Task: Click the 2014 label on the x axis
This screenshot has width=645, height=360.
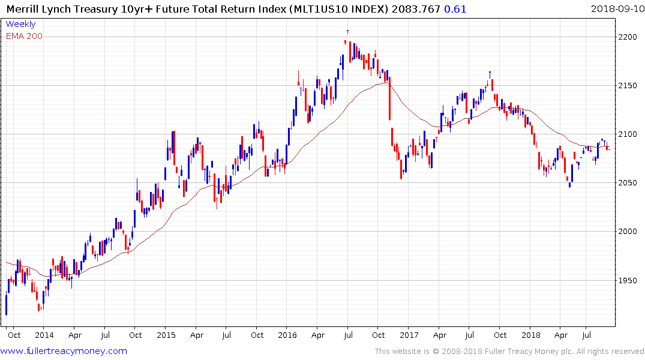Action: [x=44, y=335]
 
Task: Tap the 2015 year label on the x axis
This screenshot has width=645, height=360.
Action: [x=166, y=335]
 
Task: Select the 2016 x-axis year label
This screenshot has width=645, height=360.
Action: [x=287, y=335]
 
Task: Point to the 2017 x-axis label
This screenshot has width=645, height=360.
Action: [x=410, y=335]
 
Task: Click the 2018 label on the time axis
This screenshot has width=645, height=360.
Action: [x=531, y=335]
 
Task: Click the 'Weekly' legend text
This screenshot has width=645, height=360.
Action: [x=20, y=25]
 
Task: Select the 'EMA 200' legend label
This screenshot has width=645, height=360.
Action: [x=24, y=36]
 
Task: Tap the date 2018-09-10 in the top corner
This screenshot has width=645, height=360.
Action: [x=616, y=9]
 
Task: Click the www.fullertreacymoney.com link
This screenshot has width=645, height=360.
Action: [x=64, y=351]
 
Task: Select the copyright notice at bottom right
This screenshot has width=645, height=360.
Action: [x=509, y=352]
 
